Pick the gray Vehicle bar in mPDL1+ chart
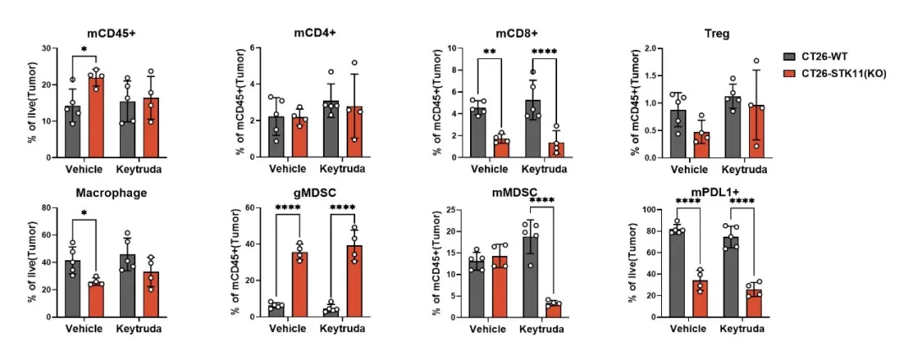pyautogui.click(x=677, y=272)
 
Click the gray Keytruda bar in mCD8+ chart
pyautogui.click(x=533, y=128)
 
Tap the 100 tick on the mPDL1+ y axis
pyautogui.click(x=650, y=209)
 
